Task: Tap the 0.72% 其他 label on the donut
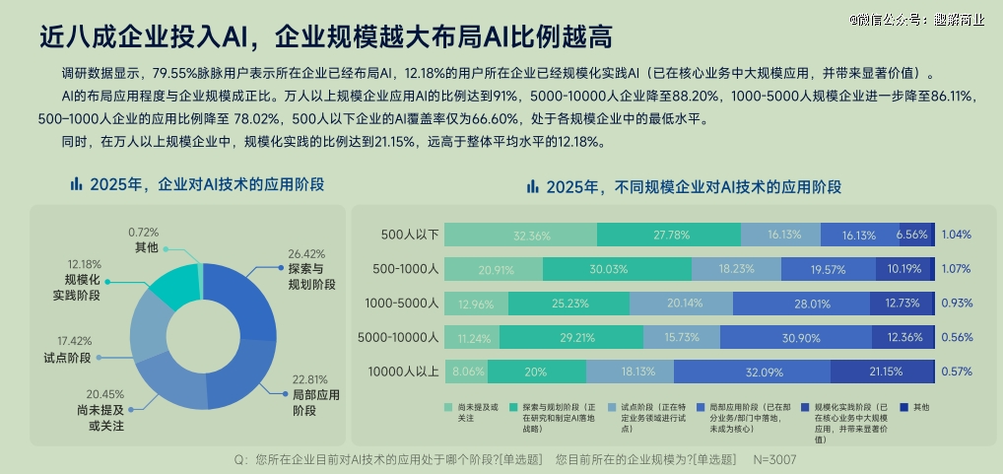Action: [146, 239]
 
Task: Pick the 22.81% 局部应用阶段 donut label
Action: [314, 394]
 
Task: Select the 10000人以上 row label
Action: [402, 372]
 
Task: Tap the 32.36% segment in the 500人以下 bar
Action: [520, 235]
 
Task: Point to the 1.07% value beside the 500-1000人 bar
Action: [956, 269]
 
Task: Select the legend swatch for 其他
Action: [903, 406]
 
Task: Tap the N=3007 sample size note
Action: [774, 460]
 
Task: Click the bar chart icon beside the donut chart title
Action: [76, 184]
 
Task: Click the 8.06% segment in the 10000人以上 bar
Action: [465, 372]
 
